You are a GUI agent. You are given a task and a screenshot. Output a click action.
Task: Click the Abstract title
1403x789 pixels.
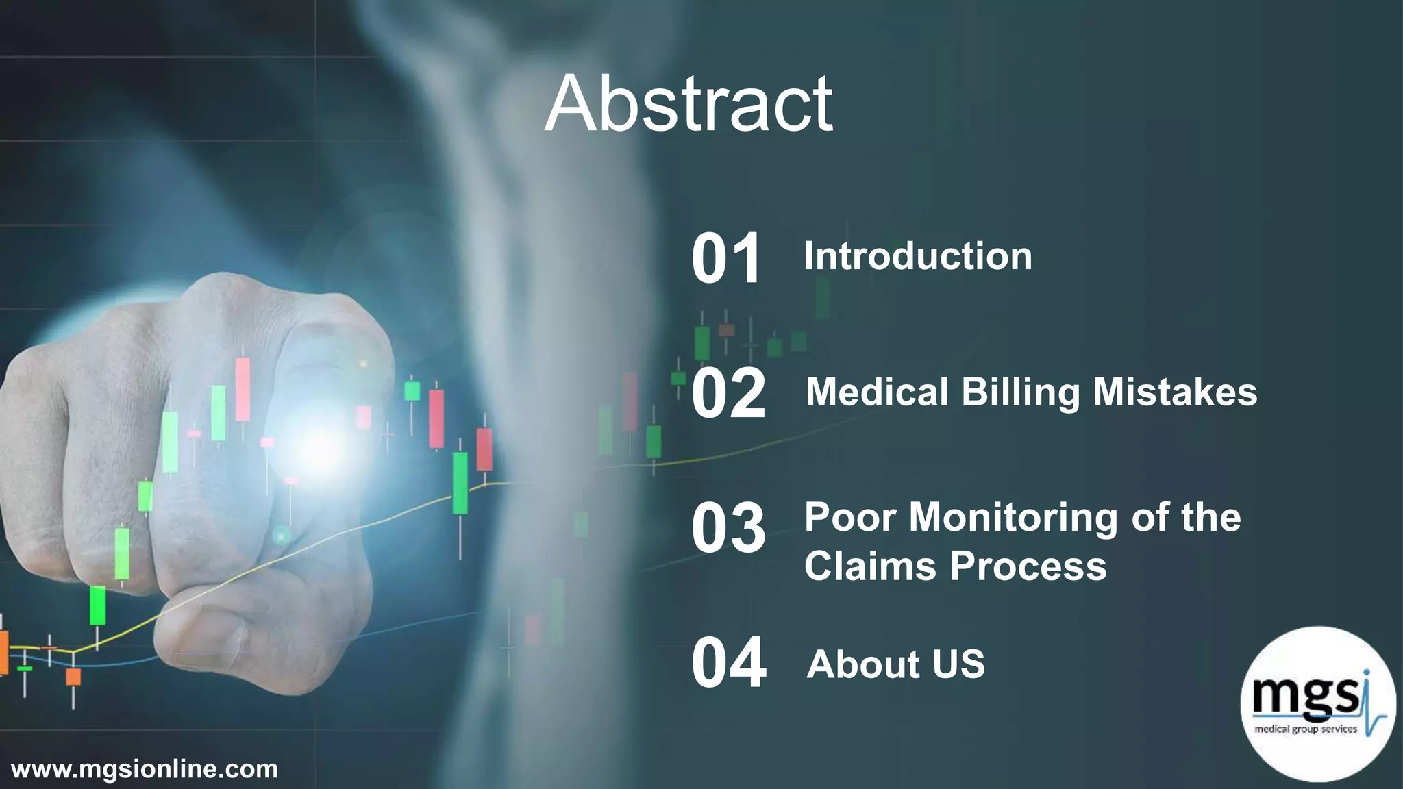pos(688,104)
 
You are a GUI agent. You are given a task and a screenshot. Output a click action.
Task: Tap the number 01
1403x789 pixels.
pos(726,258)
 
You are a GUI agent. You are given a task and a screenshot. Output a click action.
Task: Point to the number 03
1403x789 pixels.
pos(728,527)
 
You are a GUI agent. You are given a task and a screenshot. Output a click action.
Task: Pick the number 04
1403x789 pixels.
pos(728,662)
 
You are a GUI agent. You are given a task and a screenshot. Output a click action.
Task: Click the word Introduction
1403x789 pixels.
pos(917,256)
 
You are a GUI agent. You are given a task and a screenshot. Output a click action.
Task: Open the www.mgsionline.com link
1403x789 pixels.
pos(145,768)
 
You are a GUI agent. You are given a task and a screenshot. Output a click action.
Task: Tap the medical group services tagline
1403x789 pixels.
pos(1305,729)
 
